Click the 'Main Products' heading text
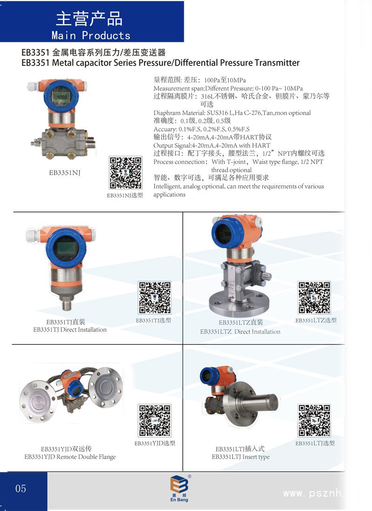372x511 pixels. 91,35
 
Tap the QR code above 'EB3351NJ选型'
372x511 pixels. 126,173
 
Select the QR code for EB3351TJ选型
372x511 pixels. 155,297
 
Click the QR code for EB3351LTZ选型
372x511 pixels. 314,297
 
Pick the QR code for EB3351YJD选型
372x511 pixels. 155,420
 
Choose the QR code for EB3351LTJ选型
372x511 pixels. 314,420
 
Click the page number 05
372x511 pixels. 20,489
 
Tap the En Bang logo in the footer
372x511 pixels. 179,488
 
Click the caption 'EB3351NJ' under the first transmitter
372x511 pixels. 65,173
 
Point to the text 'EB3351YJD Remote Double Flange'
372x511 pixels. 70,457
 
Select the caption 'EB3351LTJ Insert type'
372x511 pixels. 241,457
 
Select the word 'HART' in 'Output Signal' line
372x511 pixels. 261,145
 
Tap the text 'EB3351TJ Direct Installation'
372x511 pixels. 70,330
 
